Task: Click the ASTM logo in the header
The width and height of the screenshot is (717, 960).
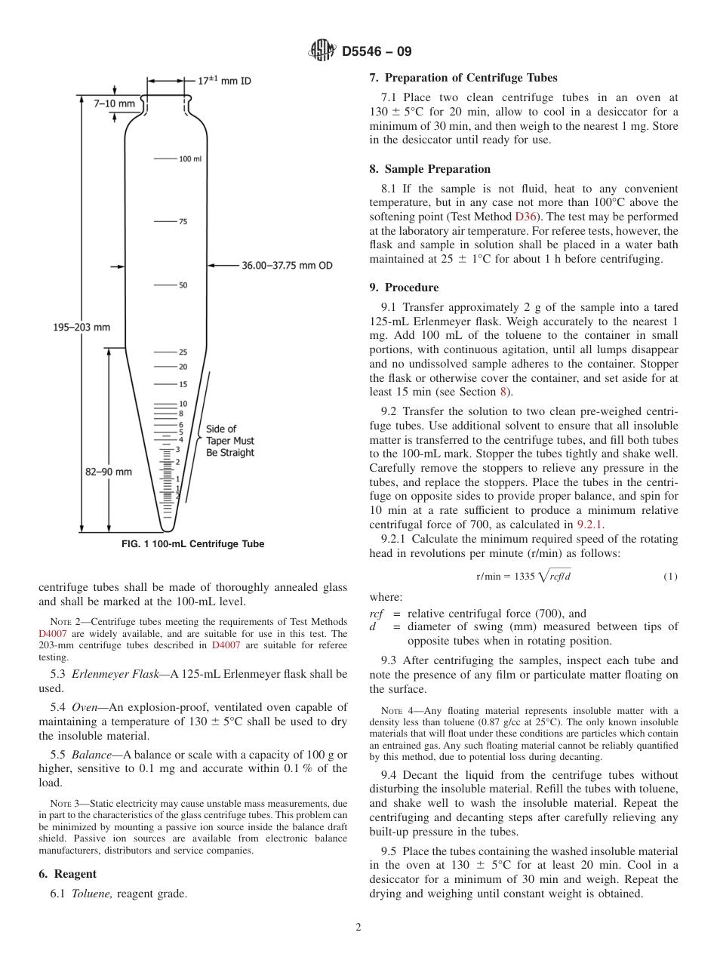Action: click(322, 51)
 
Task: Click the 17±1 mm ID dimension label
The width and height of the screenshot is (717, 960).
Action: click(224, 80)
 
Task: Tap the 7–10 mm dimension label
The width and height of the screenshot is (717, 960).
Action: click(115, 103)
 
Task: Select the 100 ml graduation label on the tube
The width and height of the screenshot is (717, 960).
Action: click(190, 159)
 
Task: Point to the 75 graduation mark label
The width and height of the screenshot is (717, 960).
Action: click(183, 222)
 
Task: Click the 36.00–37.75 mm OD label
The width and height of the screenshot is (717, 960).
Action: click(287, 266)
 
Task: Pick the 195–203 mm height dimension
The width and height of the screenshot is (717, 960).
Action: click(82, 327)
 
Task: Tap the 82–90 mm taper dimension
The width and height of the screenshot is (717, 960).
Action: click(108, 472)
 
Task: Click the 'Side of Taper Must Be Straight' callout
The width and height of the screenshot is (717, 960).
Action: click(230, 441)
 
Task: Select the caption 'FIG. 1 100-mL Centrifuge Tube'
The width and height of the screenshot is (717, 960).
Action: click(192, 544)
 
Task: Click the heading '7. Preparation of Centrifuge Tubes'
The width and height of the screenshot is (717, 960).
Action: click(463, 78)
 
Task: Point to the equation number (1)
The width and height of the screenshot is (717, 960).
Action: click(670, 577)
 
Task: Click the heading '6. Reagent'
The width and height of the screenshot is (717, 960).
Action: click(67, 874)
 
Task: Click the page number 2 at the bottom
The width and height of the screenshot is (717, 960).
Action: click(358, 928)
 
